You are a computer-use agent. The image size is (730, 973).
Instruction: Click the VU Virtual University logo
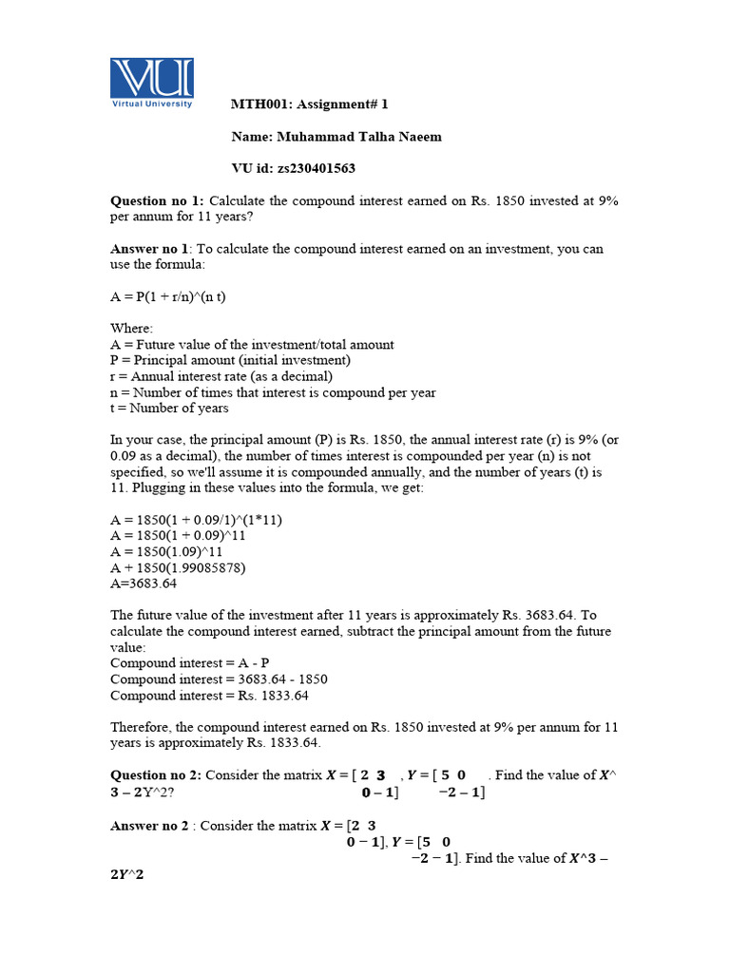click(x=152, y=83)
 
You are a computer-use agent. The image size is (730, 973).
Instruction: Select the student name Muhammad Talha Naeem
click(x=336, y=136)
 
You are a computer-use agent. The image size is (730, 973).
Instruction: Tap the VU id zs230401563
click(x=294, y=168)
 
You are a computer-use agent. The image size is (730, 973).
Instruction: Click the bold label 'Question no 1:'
click(x=157, y=200)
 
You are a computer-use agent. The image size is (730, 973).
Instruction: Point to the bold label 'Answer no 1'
click(x=153, y=249)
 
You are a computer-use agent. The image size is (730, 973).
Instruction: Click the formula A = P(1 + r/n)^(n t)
click(x=168, y=296)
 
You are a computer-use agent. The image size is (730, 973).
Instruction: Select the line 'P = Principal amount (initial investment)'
click(x=230, y=360)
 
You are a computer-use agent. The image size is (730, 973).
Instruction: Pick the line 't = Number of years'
click(x=169, y=408)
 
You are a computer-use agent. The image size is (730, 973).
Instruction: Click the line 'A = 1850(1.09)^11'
click(x=166, y=552)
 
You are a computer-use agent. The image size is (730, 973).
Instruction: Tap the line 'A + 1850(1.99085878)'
click(x=178, y=568)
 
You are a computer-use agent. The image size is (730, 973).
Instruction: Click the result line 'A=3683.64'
click(x=144, y=583)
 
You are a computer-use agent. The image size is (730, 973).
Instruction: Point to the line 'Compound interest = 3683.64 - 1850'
click(x=218, y=679)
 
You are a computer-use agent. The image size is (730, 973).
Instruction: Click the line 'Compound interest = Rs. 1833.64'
click(x=209, y=695)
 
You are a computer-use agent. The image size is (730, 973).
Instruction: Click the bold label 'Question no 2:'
click(x=157, y=775)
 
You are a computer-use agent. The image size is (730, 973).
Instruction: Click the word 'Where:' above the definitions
click(x=131, y=329)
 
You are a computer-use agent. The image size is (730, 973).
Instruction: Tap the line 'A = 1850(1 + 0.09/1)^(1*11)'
click(x=196, y=520)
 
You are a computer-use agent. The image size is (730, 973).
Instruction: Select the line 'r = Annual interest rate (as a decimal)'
click(x=221, y=376)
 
